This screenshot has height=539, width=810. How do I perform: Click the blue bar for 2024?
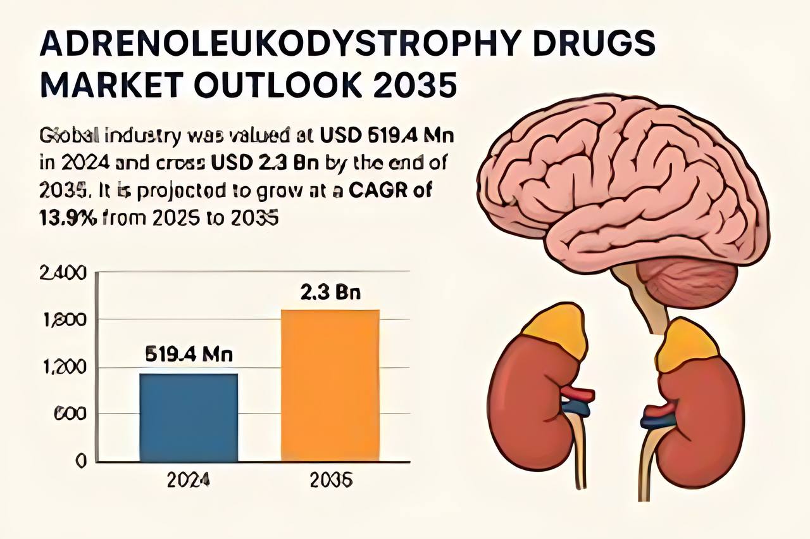(x=189, y=417)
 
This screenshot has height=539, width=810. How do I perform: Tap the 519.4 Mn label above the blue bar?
(x=189, y=355)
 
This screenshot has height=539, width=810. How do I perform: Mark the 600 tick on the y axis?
(x=66, y=414)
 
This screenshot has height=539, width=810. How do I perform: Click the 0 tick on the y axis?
(x=80, y=461)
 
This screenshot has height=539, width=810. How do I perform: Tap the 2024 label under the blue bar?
(x=189, y=481)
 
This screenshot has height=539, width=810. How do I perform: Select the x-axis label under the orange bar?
(x=331, y=481)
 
